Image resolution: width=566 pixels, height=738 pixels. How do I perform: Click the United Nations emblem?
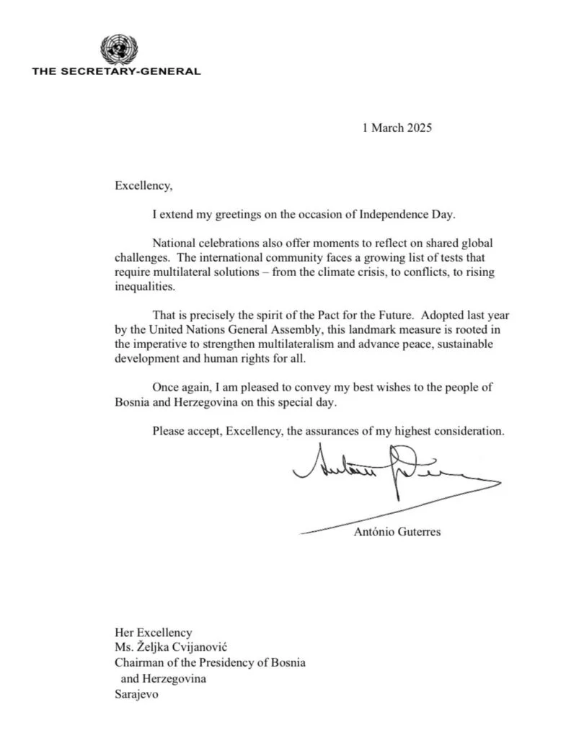pos(115,49)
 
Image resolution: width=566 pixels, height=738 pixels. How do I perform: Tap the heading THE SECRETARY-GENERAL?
pos(116,71)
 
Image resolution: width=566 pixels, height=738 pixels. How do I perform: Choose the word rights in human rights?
pos(260,357)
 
